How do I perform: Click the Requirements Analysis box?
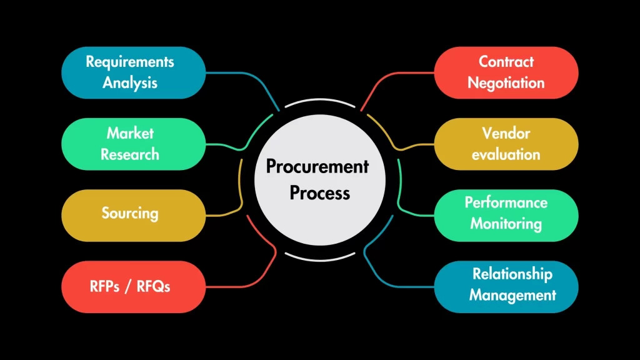click(133, 72)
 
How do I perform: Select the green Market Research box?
click(133, 144)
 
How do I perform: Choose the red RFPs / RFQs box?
click(133, 287)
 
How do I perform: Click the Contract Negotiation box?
click(506, 72)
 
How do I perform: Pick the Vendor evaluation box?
click(506, 144)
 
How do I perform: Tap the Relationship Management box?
click(506, 287)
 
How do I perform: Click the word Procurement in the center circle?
click(317, 167)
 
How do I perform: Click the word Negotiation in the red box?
click(506, 82)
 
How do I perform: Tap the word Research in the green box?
click(130, 154)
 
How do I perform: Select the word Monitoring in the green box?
click(506, 223)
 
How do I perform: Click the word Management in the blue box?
click(512, 295)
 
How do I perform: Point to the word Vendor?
click(506, 133)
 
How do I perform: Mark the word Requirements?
click(130, 62)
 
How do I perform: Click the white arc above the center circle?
click(320, 100)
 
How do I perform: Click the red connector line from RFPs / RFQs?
click(250, 286)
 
